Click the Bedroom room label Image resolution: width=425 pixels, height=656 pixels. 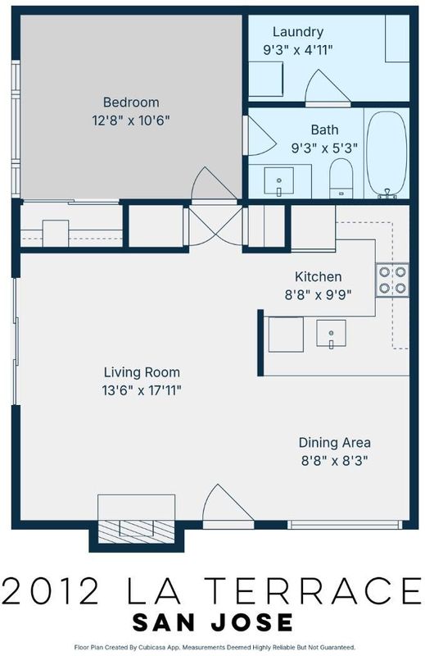(131, 102)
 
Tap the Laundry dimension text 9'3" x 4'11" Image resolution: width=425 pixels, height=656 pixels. (297, 50)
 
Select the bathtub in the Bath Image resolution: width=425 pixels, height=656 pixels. (387, 153)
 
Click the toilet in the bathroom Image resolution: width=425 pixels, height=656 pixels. (341, 178)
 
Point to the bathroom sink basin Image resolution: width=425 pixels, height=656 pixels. (278, 180)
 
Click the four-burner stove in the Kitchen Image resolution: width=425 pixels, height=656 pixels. (392, 280)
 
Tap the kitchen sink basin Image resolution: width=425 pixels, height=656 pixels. (331, 334)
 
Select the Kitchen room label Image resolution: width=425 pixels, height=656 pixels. (318, 276)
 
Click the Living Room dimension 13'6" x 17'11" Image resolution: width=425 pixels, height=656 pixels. (142, 390)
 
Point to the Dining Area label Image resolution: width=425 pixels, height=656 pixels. (334, 442)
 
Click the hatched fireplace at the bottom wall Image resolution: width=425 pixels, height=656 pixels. (136, 531)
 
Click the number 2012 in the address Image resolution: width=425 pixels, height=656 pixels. (52, 590)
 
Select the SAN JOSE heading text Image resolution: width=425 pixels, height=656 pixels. (212, 622)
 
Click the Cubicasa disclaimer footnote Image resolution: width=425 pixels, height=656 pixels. (215, 647)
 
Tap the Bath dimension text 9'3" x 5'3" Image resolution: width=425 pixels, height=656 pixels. (324, 148)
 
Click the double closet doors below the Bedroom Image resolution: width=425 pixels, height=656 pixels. (215, 226)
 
